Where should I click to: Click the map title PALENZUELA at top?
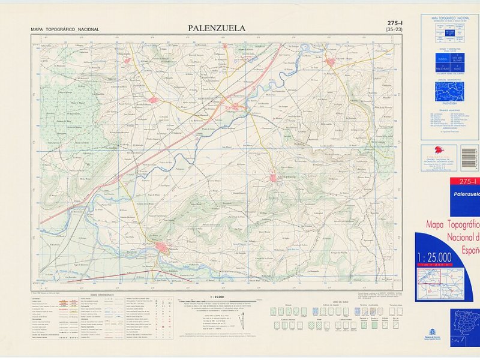[x=216, y=28]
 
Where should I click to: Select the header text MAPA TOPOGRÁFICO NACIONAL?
[x=65, y=29]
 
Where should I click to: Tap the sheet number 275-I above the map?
[x=394, y=23]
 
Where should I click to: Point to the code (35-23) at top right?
[x=394, y=29]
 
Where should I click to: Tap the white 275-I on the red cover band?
[x=467, y=182]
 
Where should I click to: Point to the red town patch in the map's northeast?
[x=331, y=61]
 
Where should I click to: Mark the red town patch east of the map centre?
[x=273, y=177]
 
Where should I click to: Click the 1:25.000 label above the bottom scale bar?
[x=217, y=296]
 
